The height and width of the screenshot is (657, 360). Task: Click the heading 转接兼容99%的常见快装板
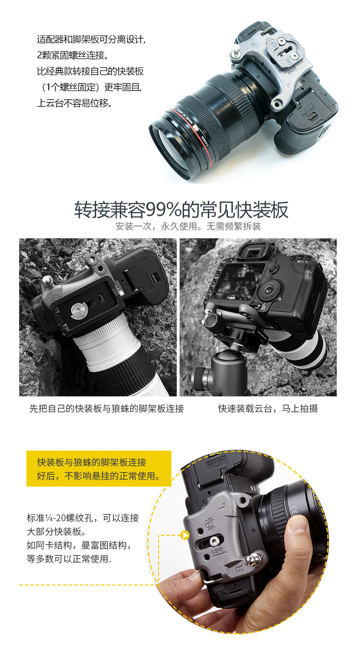181,210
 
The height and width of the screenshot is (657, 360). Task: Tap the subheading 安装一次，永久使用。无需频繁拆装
188,226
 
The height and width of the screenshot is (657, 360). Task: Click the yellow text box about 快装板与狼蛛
99,468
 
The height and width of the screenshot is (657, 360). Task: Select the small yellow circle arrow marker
185,535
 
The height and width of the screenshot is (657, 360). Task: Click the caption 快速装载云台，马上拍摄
268,408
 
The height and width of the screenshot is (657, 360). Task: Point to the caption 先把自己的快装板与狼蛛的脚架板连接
107,408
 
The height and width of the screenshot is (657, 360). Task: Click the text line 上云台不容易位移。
75,103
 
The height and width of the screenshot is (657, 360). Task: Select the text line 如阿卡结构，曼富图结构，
79,545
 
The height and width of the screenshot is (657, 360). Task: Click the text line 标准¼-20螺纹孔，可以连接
83,518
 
